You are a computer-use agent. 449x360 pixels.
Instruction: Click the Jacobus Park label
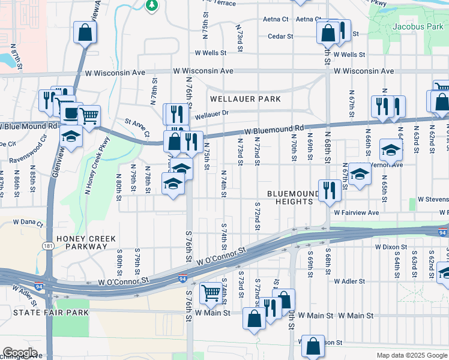pyautogui.click(x=417, y=27)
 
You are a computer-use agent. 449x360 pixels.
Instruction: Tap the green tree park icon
pyautogui.click(x=152, y=5)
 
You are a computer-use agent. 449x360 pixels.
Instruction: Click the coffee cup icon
pyautogui.click(x=71, y=113)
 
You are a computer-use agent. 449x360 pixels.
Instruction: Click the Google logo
pyautogui.click(x=19, y=353)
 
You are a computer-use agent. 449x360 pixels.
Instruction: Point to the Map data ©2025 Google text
pyautogui.click(x=411, y=355)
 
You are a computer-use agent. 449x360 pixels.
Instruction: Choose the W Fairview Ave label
pyautogui.click(x=357, y=212)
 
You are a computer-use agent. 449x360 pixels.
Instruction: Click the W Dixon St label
pyautogui.click(x=392, y=247)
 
